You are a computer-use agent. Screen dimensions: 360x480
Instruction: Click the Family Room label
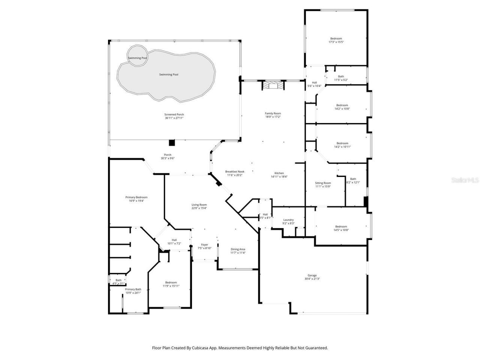pos(273,113)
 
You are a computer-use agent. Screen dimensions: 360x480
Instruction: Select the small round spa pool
pos(137,56)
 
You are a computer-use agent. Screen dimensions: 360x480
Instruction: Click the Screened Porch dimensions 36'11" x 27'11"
pos(174,118)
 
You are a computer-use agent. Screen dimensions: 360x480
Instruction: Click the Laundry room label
pos(288,220)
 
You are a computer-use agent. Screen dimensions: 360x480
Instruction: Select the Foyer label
pos(204,244)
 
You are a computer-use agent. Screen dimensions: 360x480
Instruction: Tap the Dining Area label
pos(238,249)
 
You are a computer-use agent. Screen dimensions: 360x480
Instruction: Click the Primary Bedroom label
pos(136,197)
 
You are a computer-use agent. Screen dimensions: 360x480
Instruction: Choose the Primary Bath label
pos(133,289)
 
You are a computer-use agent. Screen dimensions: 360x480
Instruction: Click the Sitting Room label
pos(323,183)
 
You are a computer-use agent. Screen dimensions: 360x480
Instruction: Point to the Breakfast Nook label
pos(235,171)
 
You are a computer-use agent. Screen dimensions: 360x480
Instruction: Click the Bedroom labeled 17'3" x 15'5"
pos(336,39)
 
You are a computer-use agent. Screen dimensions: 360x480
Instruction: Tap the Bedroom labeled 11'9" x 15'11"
pos(171,282)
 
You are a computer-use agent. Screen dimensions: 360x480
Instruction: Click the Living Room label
pos(199,205)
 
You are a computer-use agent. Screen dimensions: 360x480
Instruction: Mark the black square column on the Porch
pos(172,142)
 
